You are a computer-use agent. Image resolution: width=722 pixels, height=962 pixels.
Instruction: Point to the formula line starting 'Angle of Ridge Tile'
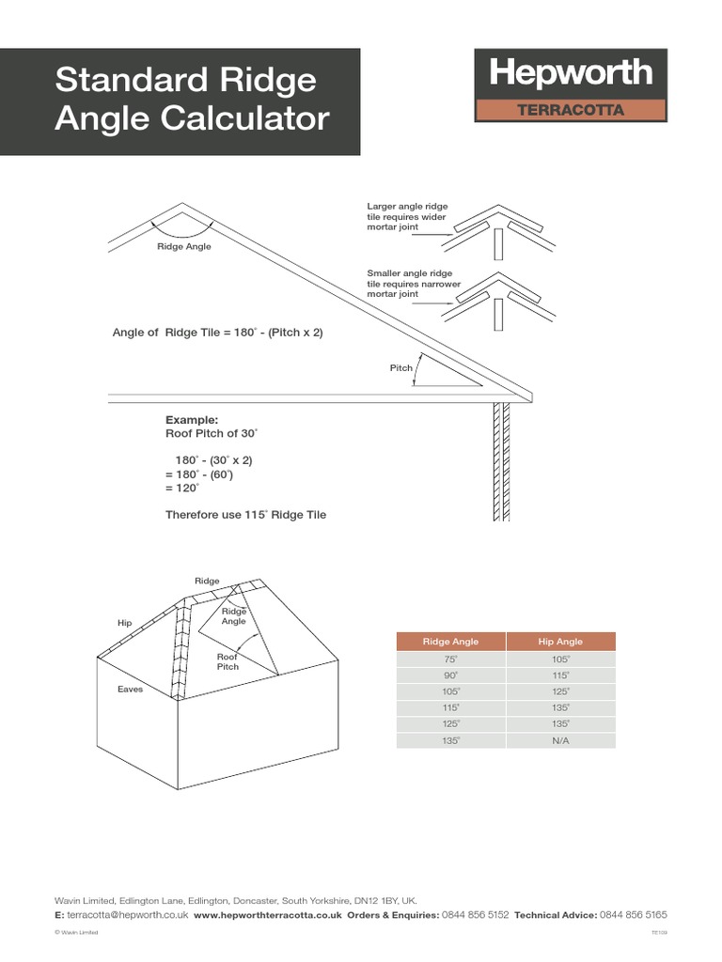(x=217, y=332)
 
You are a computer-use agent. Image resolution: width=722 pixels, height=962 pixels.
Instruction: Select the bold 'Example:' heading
(x=191, y=420)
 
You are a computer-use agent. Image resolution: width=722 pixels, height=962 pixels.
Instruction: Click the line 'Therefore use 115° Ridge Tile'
(x=245, y=515)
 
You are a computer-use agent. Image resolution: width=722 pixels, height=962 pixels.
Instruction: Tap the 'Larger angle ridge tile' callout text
(x=407, y=216)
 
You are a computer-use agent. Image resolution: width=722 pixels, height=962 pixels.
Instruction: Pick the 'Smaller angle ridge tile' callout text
(x=409, y=283)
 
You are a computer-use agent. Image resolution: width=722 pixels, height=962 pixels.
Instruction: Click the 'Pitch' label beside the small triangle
(x=400, y=368)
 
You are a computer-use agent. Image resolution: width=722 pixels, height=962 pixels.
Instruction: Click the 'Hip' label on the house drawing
(x=124, y=623)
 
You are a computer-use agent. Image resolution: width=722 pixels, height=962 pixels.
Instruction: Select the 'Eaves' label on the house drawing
(x=130, y=690)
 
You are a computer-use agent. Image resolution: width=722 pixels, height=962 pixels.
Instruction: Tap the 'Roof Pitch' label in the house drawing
(x=228, y=661)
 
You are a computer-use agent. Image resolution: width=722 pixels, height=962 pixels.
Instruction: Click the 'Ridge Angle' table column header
(x=451, y=642)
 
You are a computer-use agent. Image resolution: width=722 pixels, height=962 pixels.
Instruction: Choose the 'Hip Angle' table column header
(x=560, y=642)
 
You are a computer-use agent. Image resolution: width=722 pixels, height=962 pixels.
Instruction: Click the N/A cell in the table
(x=560, y=740)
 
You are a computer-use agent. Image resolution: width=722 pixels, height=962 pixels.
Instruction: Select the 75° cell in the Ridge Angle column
(x=451, y=660)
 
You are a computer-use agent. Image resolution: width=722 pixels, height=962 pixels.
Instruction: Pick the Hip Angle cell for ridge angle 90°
(x=560, y=675)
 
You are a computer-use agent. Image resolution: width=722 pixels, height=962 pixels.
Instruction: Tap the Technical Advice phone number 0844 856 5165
(x=634, y=914)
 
